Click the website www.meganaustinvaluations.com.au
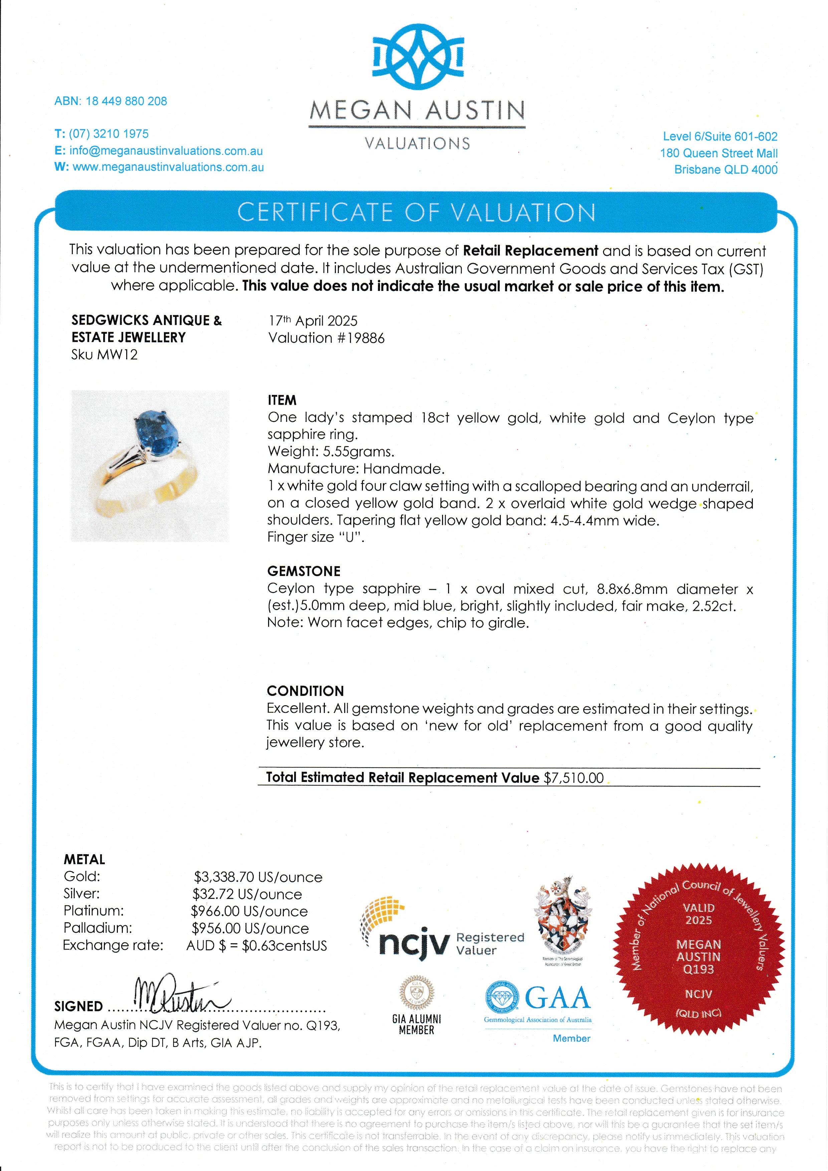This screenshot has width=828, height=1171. (168, 167)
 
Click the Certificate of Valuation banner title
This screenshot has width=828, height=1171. (416, 212)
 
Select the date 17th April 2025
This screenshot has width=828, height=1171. (313, 321)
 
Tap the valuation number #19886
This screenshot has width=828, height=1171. (360, 338)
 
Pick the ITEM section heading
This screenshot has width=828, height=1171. (282, 400)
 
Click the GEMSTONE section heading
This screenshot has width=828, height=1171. (303, 571)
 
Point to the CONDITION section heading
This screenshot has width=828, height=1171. (305, 691)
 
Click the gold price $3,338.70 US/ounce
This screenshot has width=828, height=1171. (258, 877)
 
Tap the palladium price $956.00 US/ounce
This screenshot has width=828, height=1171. (250, 928)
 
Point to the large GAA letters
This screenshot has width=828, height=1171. (558, 998)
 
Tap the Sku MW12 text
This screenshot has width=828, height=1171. (105, 355)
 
